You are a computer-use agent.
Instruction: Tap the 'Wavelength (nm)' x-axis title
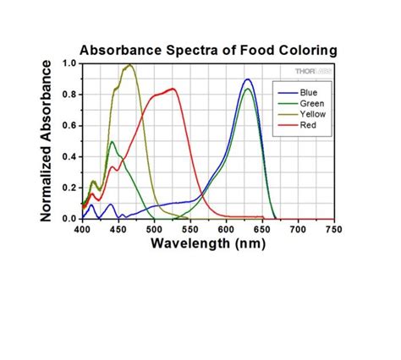pyautogui.click(x=207, y=243)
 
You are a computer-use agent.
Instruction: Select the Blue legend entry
pyautogui.click(x=306, y=88)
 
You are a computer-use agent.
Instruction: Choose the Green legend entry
pyautogui.click(x=308, y=101)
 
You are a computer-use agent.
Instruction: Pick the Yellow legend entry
pyautogui.click(x=309, y=113)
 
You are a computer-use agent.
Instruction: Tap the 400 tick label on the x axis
pyautogui.click(x=82, y=229)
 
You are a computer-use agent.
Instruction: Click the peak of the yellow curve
pyautogui.click(x=129, y=65)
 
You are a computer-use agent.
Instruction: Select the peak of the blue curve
pyautogui.click(x=247, y=79)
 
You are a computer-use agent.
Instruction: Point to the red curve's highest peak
pyautogui.click(x=173, y=88)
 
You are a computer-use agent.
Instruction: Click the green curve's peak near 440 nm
pyautogui.click(x=112, y=141)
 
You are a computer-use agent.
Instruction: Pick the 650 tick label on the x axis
pyautogui.click(x=261, y=229)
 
